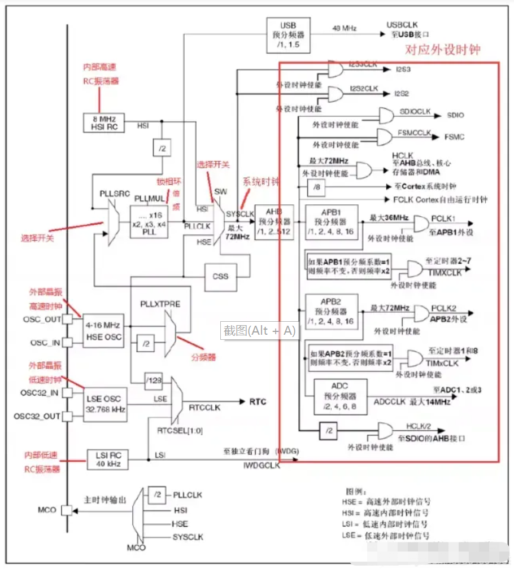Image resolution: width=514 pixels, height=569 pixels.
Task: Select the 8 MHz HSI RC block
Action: pos(104,122)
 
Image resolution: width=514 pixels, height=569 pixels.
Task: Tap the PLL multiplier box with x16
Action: pos(150,221)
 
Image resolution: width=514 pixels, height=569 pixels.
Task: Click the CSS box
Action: pos(220,277)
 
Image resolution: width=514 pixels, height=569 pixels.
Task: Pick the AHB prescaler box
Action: pos(274,222)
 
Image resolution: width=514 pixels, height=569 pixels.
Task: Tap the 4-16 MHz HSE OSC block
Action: pos(103,331)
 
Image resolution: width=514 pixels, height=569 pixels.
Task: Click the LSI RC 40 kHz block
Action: pos(107,459)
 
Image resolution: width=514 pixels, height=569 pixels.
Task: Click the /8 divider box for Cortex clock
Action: pos(316,187)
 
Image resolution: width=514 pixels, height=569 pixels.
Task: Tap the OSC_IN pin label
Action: pos(45,343)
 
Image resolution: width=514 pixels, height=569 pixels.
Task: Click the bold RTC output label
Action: pos(257,402)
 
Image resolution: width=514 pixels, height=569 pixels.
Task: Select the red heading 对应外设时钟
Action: pos(443,50)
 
